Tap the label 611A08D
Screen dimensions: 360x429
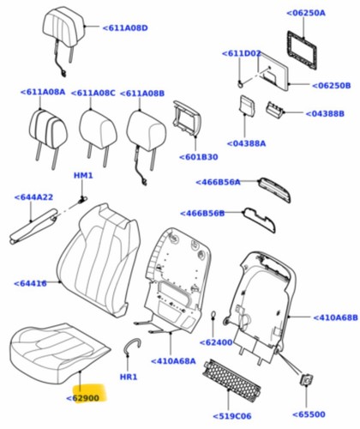point(125,28)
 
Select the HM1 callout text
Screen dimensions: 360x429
point(83,175)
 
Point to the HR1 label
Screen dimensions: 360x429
point(129,377)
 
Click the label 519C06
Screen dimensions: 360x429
point(232,416)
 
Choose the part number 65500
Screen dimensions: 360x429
point(309,414)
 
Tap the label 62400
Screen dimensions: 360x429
point(216,342)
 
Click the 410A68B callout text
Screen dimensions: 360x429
point(335,317)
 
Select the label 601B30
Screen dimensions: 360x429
point(199,157)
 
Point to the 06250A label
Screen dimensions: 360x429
point(306,13)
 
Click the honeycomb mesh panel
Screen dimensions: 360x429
point(231,376)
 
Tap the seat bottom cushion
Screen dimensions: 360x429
point(58,353)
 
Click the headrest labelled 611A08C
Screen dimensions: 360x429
point(98,131)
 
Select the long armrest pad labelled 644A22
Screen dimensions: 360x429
point(33,226)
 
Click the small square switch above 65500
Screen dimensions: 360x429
point(306,380)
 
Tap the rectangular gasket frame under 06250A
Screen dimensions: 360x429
point(302,51)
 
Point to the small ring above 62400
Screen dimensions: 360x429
point(213,316)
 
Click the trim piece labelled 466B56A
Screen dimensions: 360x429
point(274,190)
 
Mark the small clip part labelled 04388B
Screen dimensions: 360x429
point(275,109)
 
